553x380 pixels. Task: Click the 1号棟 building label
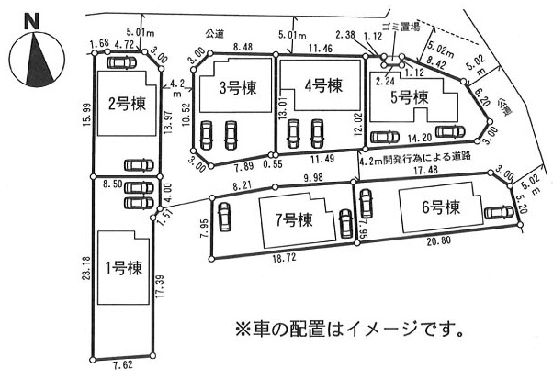coord(124,269)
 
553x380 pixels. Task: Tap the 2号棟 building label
coord(127,104)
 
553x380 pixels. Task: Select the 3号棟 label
coord(238,87)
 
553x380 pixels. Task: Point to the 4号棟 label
coord(323,85)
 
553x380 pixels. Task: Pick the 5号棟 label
coord(410,97)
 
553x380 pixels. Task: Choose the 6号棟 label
coord(441,207)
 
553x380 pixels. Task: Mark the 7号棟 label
coord(294,220)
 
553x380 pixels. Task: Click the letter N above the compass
coord(31,21)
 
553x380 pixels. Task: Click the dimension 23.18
coord(86,268)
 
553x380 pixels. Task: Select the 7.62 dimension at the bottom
coord(123,364)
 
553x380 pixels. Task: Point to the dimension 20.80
coord(438,240)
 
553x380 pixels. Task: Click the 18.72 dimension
coord(284,258)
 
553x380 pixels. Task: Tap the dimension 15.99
coord(87,115)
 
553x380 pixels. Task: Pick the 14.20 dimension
coord(420,138)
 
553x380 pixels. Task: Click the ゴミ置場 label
coord(401,27)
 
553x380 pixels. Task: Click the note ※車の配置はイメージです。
coord(349,330)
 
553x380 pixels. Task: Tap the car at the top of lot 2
coord(121,62)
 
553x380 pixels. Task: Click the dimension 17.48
coord(425,170)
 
